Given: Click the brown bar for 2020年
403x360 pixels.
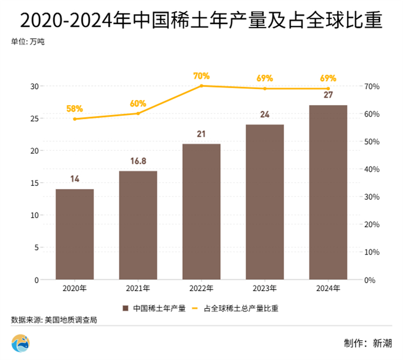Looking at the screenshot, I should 75,234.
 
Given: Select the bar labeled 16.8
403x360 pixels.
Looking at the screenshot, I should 138,225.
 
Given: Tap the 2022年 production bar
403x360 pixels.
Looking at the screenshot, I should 201,212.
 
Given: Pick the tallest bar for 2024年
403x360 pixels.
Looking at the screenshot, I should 328,192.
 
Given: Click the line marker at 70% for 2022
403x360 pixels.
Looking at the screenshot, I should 201,86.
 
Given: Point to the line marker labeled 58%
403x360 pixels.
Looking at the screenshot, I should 75,119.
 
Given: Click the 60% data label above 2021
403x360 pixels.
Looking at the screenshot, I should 138,103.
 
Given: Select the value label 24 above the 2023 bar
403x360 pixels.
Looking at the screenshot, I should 265,114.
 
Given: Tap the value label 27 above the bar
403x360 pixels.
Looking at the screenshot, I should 328,96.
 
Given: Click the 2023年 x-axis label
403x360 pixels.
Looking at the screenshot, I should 265,289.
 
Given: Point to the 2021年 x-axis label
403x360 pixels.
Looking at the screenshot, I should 138,289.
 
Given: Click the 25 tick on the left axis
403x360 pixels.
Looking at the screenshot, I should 33,119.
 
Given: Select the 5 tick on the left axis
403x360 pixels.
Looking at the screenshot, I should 36,248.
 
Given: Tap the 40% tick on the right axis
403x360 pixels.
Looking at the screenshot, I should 373,169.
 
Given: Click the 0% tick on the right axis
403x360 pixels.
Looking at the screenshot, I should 371,280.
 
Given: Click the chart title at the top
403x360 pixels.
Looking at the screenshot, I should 201,20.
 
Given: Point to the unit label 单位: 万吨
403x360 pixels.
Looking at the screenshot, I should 27,41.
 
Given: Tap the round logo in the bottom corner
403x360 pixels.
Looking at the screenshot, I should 20,343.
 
